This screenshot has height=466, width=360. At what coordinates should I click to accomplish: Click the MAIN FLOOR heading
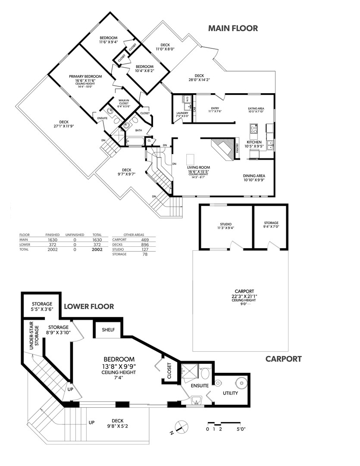click(233, 28)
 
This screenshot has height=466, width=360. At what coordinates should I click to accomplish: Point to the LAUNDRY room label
click(182, 113)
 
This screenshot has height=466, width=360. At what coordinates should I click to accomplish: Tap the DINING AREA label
click(254, 176)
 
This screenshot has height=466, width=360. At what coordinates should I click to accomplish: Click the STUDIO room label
click(226, 224)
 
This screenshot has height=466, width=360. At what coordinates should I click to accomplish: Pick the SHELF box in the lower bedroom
click(108, 330)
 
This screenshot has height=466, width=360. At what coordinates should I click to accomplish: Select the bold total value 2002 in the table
click(97, 249)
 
